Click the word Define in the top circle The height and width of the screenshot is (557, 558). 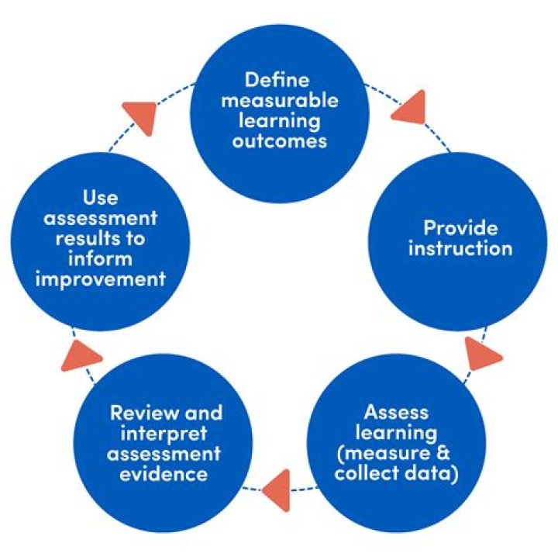(277, 81)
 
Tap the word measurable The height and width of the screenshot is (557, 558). (277, 101)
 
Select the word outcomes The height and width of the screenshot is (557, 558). (277, 142)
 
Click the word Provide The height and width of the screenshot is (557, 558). (460, 228)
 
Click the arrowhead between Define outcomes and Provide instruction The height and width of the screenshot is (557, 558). (408, 109)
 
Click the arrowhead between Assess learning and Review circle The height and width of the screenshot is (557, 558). (277, 490)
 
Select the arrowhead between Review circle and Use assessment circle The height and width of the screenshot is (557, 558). (79, 355)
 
